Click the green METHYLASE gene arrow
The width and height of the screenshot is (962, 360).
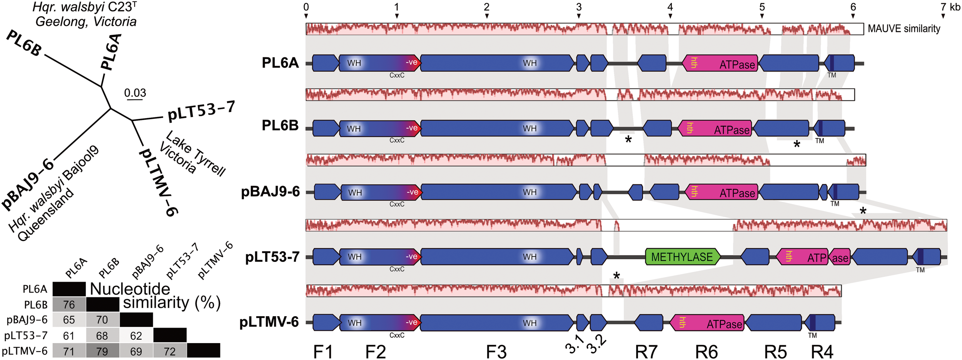pyautogui.click(x=682, y=257)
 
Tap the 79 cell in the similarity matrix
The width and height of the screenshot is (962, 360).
pyautogui.click(x=102, y=351)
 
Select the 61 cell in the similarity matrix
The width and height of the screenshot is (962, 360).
pyautogui.click(x=69, y=336)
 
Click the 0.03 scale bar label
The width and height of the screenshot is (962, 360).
pyautogui.click(x=135, y=93)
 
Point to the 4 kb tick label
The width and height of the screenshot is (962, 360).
pyautogui.click(x=670, y=7)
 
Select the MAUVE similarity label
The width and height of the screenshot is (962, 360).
pyautogui.click(x=904, y=29)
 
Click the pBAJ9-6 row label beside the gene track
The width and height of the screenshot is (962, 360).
pyautogui.click(x=270, y=192)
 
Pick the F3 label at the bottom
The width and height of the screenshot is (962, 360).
pyautogui.click(x=496, y=352)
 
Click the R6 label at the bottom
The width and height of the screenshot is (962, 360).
pyautogui.click(x=706, y=352)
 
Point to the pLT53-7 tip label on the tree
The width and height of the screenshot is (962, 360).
pyautogui.click(x=201, y=111)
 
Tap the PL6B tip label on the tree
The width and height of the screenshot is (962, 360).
pyautogui.click(x=24, y=43)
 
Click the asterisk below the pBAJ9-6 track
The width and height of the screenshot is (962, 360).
pyautogui.click(x=863, y=211)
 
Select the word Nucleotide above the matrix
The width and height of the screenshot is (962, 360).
pyautogui.click(x=130, y=289)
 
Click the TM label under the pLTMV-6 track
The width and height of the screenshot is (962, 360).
pyautogui.click(x=812, y=335)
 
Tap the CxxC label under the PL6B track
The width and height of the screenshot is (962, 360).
pyautogui.click(x=397, y=140)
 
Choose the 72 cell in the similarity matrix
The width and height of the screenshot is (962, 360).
pyautogui.click(x=169, y=351)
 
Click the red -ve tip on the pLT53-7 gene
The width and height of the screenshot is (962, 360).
pyautogui.click(x=413, y=257)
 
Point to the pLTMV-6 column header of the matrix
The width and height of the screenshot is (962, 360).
pyautogui.click(x=215, y=261)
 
